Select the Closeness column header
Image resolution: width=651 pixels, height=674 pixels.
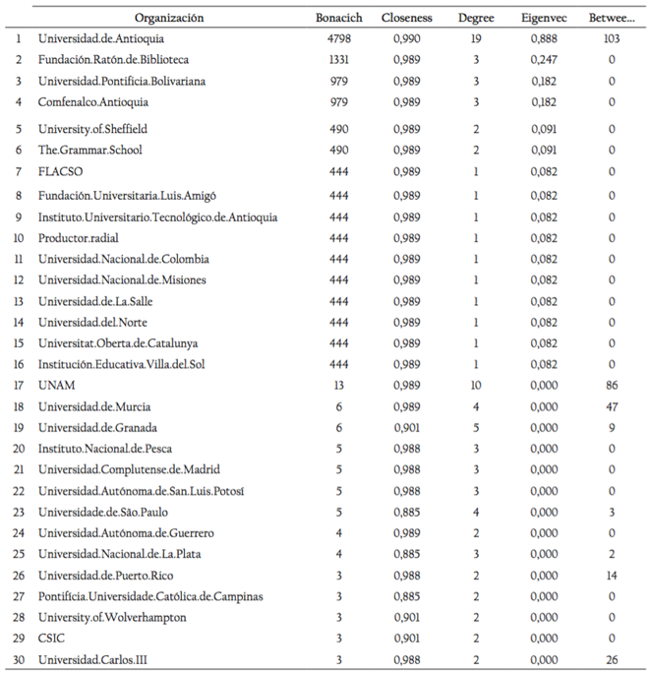pyautogui.click(x=406, y=18)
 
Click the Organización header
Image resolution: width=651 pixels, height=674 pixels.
pyautogui.click(x=169, y=18)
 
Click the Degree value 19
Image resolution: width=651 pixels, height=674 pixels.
pyautogui.click(x=476, y=38)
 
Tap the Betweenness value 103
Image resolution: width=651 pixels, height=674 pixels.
pyautogui.click(x=612, y=38)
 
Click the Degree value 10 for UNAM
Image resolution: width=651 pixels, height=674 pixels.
pyautogui.click(x=476, y=385)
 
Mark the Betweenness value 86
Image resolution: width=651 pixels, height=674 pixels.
pyautogui.click(x=612, y=385)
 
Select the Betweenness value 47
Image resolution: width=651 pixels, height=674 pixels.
pyautogui.click(x=612, y=406)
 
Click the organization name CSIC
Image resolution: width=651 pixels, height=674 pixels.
pyautogui.click(x=52, y=639)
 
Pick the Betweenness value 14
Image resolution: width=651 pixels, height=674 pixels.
pyautogui.click(x=612, y=575)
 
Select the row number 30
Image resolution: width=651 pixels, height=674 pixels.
pyautogui.click(x=18, y=659)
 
